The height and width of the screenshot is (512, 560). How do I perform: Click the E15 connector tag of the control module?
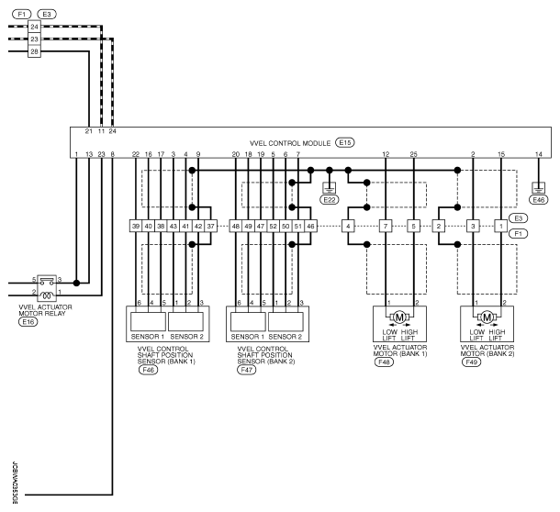pyautogui.click(x=344, y=143)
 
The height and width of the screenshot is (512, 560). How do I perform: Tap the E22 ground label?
pyautogui.click(x=330, y=200)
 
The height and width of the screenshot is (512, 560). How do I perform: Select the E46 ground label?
pyautogui.click(x=539, y=200)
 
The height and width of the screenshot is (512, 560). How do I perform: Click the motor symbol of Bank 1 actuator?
pyautogui.click(x=399, y=317)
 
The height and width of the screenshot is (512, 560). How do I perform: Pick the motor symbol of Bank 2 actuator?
pyautogui.click(x=487, y=317)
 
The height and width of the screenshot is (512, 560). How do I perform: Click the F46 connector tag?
pyautogui.click(x=148, y=370)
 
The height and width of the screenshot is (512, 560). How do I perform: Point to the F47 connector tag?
pyautogui.click(x=247, y=370)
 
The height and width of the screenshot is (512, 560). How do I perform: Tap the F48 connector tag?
pyautogui.click(x=384, y=362)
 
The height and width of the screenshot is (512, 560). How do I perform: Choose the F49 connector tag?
pyautogui.click(x=471, y=362)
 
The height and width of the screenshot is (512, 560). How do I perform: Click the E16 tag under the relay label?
pyautogui.click(x=28, y=322)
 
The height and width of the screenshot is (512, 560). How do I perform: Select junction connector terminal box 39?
pyautogui.click(x=136, y=226)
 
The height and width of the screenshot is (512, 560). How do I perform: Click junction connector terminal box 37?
pyautogui.click(x=211, y=226)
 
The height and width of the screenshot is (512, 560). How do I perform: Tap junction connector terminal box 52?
pyautogui.click(x=274, y=226)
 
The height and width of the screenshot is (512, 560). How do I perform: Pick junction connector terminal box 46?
pyautogui.click(x=310, y=226)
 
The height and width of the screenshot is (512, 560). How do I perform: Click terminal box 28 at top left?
pyautogui.click(x=34, y=51)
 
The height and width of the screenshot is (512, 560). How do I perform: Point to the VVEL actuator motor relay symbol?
pyautogui.click(x=47, y=288)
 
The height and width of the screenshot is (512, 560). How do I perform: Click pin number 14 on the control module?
pyautogui.click(x=539, y=154)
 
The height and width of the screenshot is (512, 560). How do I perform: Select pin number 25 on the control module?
pyautogui.click(x=413, y=154)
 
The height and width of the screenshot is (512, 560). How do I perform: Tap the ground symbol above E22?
pyautogui.click(x=330, y=187)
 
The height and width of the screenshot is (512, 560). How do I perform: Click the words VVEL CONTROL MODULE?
pyautogui.click(x=290, y=143)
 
